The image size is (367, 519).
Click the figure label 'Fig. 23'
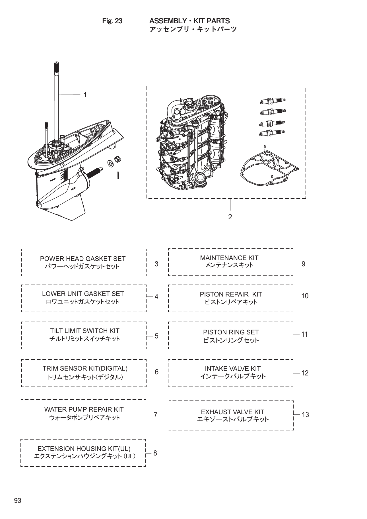pyautogui.click(x=112, y=21)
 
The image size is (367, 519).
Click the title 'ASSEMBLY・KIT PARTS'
pyautogui.click(x=189, y=21)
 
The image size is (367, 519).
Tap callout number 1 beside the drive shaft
pyautogui.click(x=85, y=95)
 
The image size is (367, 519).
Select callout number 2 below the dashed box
pyautogui.click(x=230, y=217)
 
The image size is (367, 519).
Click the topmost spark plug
pyautogui.click(x=272, y=101)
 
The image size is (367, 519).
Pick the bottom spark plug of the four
pyautogui.click(x=272, y=133)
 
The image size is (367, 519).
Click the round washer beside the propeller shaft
pyautogui.click(x=110, y=163)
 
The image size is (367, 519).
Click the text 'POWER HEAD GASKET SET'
pyautogui.click(x=83, y=259)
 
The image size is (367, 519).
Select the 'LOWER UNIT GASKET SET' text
pyautogui.click(x=83, y=294)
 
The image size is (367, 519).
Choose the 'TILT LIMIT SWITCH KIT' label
pyautogui.click(x=84, y=331)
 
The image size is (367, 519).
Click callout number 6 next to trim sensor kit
pyautogui.click(x=156, y=372)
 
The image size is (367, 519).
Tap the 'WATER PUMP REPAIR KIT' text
pyautogui.click(x=84, y=409)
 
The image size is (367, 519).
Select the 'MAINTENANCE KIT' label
pyautogui.click(x=229, y=258)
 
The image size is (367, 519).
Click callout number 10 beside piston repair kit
pyautogui.click(x=305, y=296)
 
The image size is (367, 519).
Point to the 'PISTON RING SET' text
pyautogui.click(x=231, y=332)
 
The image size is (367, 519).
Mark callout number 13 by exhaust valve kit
pyautogui.click(x=305, y=414)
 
